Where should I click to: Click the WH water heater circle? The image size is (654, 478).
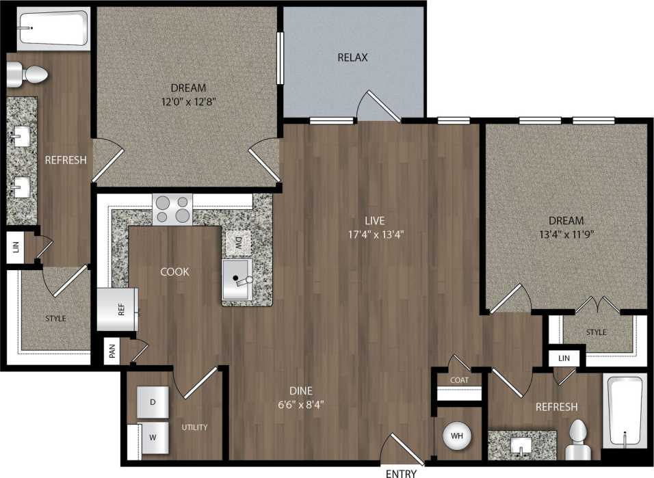pyautogui.click(x=456, y=436)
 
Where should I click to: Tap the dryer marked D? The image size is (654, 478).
pyautogui.click(x=153, y=402)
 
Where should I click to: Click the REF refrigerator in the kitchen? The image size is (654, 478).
pyautogui.click(x=118, y=309)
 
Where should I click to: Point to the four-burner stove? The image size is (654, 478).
pyautogui.click(x=172, y=209)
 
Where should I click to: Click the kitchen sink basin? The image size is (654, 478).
pyautogui.click(x=237, y=280)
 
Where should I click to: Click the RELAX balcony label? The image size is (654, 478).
pyautogui.click(x=352, y=57)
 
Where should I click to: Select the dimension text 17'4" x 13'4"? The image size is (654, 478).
pyautogui.click(x=374, y=234)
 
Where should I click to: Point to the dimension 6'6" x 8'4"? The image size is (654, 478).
pyautogui.click(x=296, y=404)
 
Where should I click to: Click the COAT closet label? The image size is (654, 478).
pyautogui.click(x=459, y=380)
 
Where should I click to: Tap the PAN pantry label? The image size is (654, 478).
pyautogui.click(x=112, y=352)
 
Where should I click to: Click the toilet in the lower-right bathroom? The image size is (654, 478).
pyautogui.click(x=578, y=438)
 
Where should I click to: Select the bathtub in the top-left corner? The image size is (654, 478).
pyautogui.click(x=53, y=27)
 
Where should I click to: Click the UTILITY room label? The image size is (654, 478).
pyautogui.click(x=194, y=427)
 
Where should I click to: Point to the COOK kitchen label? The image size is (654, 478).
pyautogui.click(x=174, y=271)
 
